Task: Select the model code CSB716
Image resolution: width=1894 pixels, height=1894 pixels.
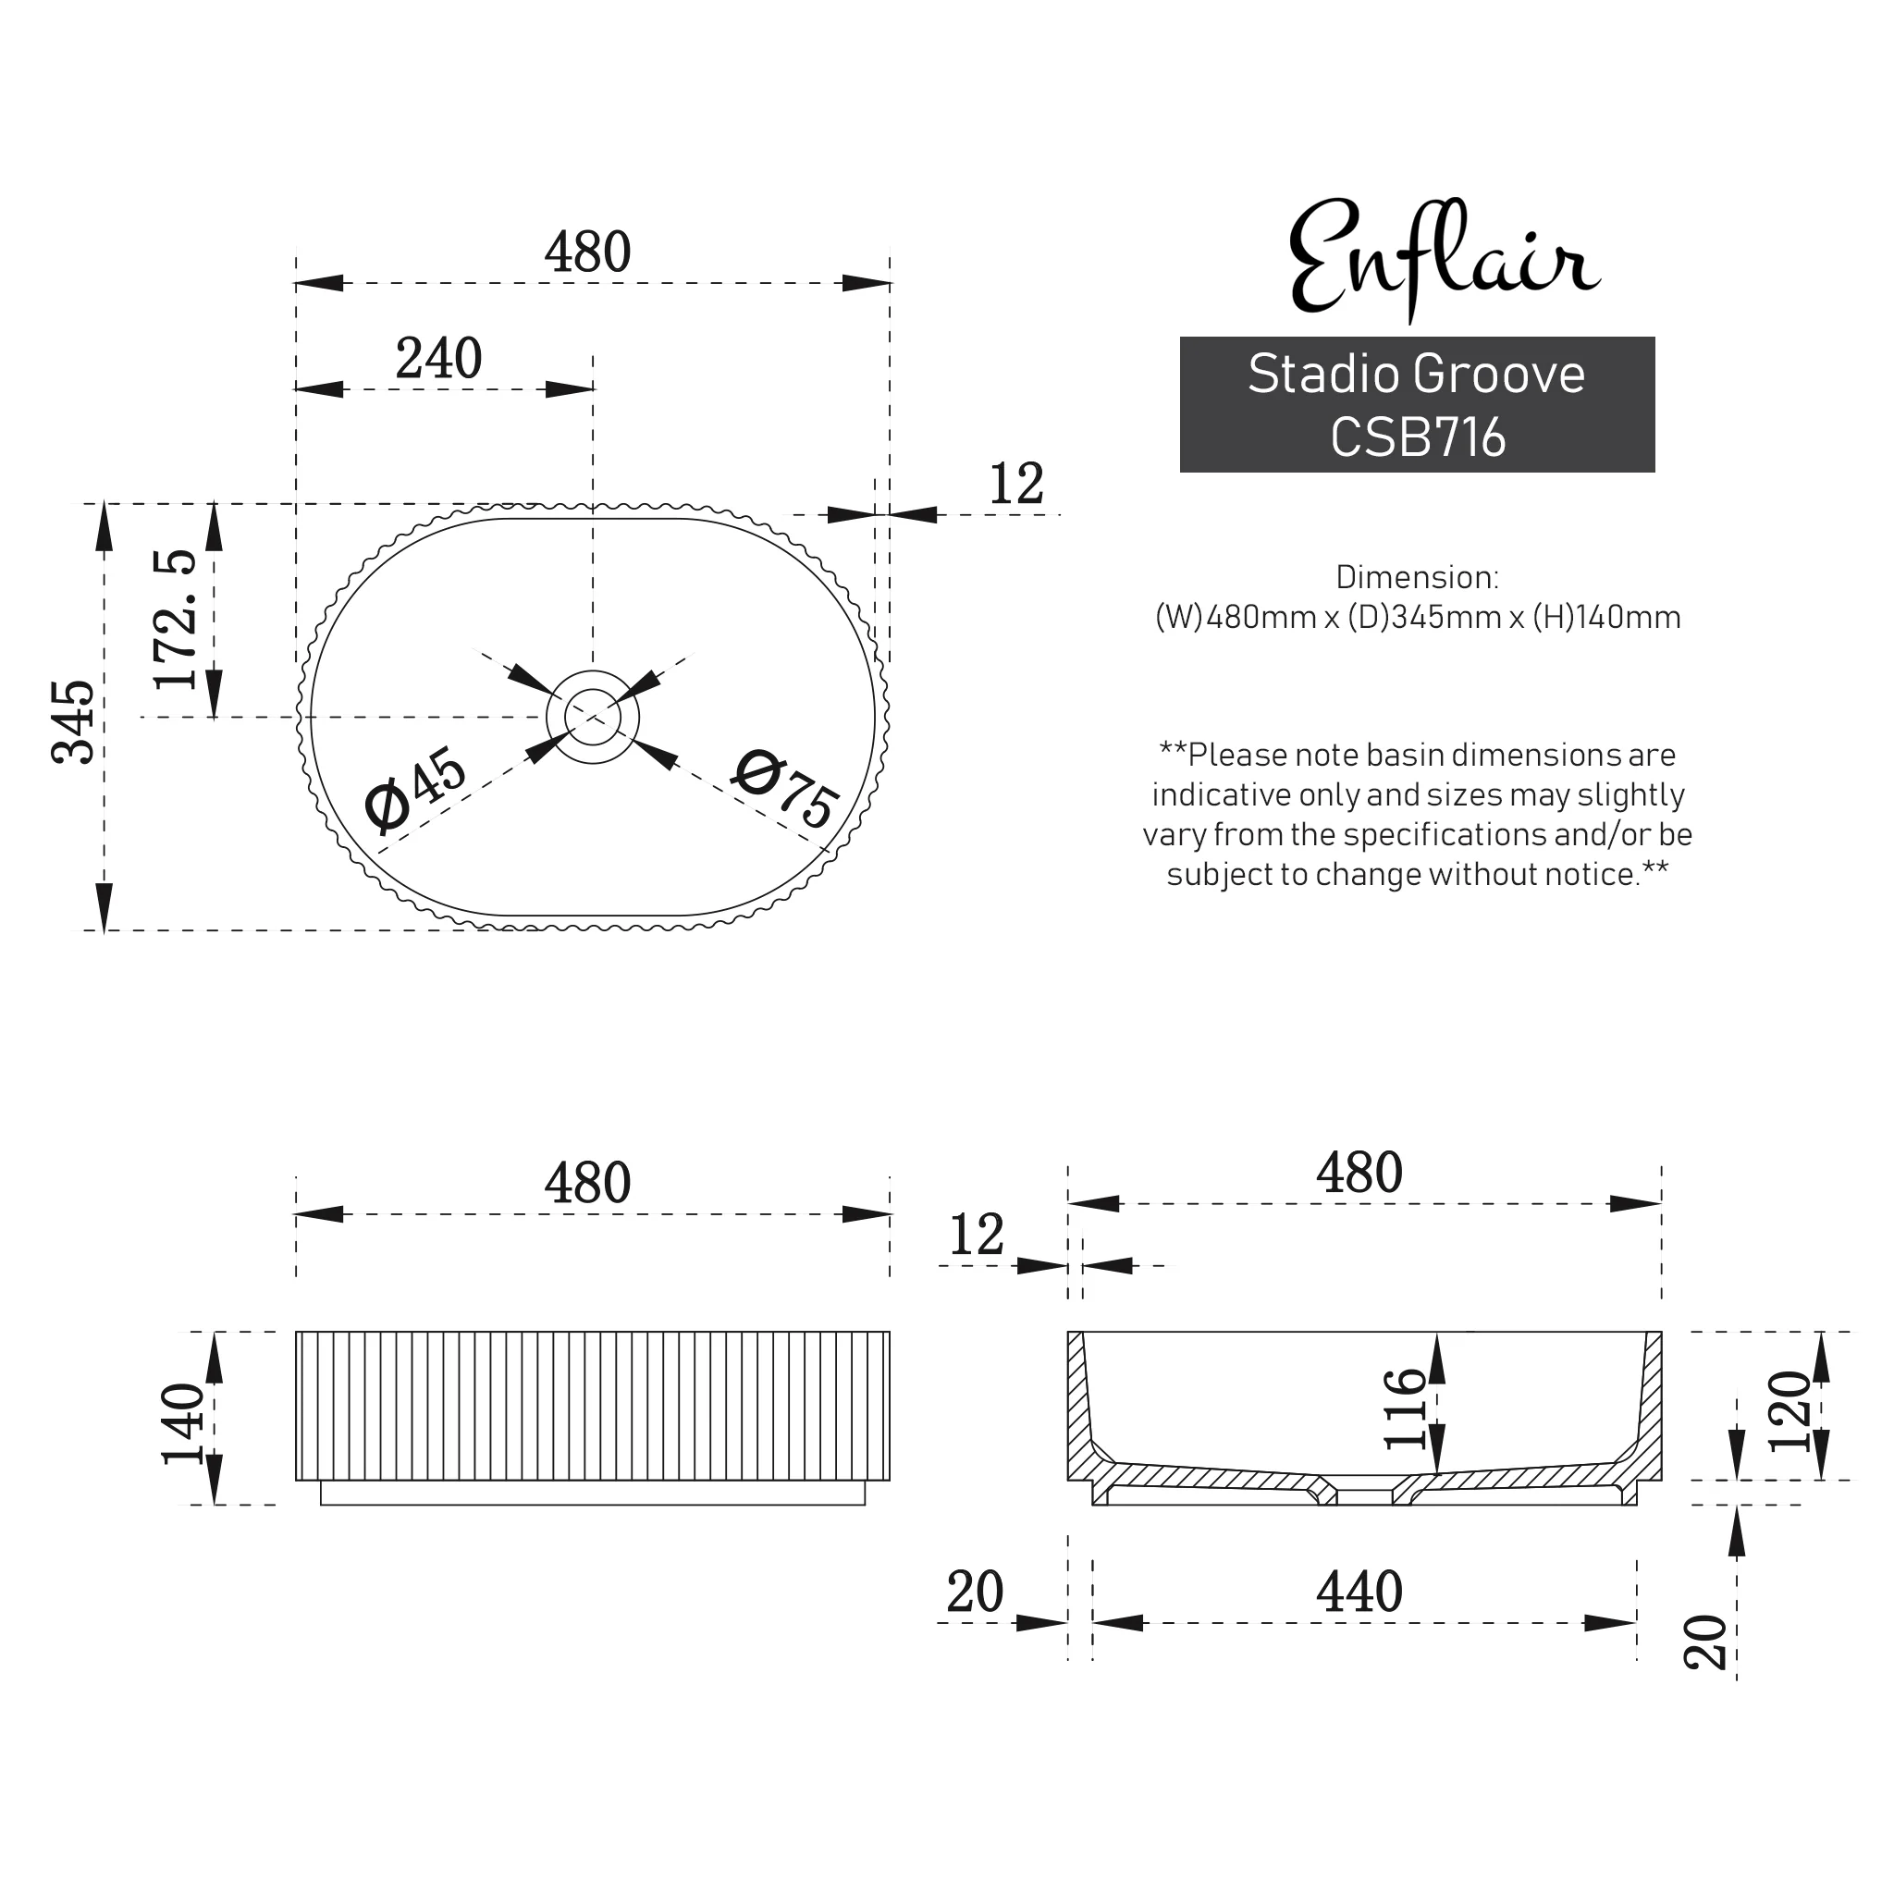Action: coord(1417,438)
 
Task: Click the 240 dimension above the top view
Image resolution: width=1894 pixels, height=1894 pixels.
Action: coord(438,359)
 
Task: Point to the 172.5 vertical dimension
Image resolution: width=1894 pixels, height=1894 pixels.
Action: coord(176,620)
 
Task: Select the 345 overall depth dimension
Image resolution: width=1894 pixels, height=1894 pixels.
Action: coord(75,721)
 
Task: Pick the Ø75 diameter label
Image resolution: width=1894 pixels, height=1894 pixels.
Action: coord(785,789)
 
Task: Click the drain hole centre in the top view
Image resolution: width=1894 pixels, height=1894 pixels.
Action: coord(592,718)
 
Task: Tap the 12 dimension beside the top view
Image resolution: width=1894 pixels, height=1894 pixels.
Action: coord(1015,485)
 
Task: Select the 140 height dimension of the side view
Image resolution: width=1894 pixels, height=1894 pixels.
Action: coord(182,1423)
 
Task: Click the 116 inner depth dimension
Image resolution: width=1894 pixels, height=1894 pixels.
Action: coord(1404,1408)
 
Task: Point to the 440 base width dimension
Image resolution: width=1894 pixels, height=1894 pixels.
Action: coord(1359,1593)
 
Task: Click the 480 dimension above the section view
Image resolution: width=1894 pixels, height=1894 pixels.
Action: coord(1359,1173)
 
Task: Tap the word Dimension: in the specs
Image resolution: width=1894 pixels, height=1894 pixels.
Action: coord(1417,577)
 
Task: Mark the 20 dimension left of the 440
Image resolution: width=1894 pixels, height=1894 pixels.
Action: coord(975,1593)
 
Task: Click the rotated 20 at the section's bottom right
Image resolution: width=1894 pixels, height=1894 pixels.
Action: coord(1705,1642)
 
